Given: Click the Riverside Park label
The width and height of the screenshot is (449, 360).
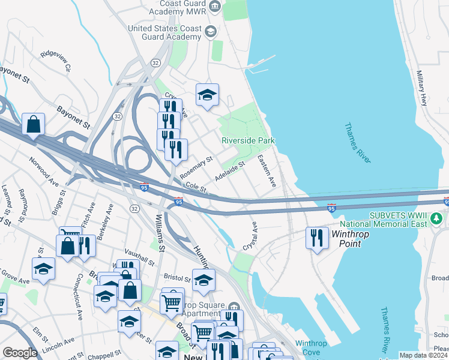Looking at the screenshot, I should coord(248,140).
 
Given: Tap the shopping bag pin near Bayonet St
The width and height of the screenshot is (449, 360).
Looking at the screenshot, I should coord(34,125).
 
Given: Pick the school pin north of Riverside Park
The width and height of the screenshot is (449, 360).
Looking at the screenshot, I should coord(207,95).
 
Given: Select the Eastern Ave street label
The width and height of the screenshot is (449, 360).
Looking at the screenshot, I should coord(266,171).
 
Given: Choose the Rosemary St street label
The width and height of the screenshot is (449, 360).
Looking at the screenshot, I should coord(197,168).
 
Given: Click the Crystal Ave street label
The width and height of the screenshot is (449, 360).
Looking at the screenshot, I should coord(250,236).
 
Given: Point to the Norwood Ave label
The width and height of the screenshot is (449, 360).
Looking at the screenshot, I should coord(44,170).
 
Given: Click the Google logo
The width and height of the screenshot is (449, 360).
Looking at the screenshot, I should coord(20,353).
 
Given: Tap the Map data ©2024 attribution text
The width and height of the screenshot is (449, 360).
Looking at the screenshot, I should coord(424,355).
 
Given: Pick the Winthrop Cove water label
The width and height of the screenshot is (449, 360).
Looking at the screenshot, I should coord(307,348).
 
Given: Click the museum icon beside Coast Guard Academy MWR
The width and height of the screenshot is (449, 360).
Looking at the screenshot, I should coord(215,7).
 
